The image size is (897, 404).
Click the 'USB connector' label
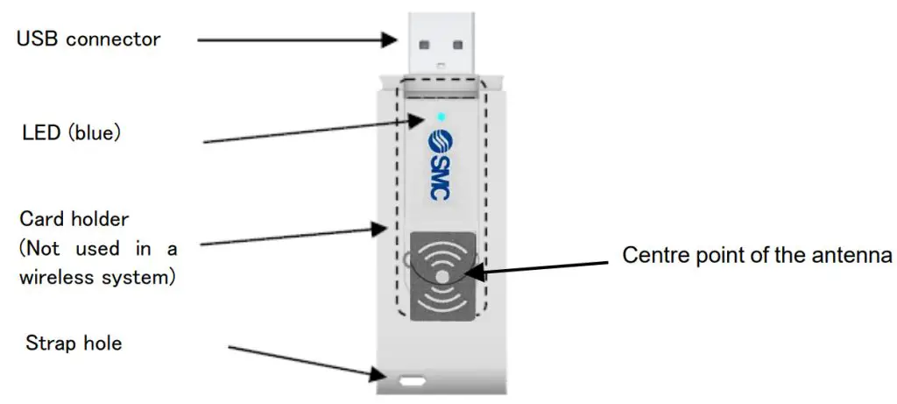coord(88,39)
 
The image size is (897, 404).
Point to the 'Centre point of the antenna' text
coord(757,256)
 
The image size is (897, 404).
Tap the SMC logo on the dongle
coord(440,167)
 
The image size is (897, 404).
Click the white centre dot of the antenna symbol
coord(444,276)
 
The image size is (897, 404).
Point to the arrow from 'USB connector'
coord(298,39)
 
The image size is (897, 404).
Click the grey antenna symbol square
coord(443,276)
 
